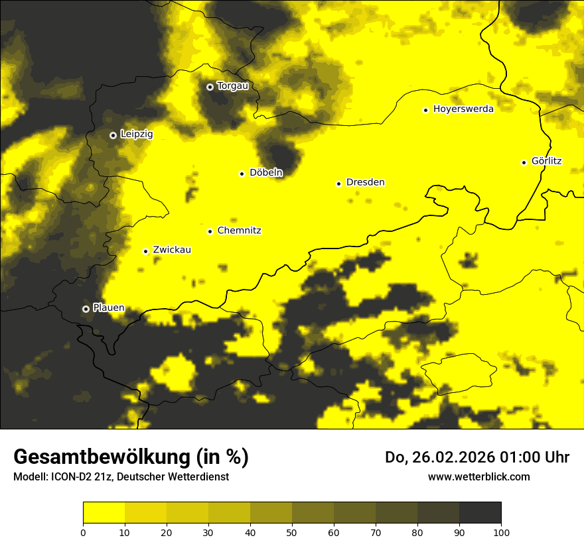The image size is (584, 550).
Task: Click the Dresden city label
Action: [365, 182]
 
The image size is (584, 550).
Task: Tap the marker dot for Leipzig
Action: [113, 135]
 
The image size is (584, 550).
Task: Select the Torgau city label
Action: [232, 86]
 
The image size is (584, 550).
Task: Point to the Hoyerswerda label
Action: [463, 109]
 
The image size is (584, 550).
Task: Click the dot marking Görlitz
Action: [524, 162]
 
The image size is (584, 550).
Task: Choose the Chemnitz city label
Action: [239, 231]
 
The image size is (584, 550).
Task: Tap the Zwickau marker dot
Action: [145, 251]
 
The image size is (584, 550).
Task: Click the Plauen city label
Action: [109, 308]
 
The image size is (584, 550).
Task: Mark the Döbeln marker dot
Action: [242, 174]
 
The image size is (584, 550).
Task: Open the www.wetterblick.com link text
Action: [478, 476]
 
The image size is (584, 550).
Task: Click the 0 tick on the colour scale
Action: [83, 532]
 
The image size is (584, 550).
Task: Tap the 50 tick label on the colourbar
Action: [292, 532]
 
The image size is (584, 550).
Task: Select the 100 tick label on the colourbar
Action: [501, 532]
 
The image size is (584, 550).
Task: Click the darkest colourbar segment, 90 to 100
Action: [480, 513]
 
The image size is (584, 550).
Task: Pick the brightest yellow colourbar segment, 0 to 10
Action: [104, 513]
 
